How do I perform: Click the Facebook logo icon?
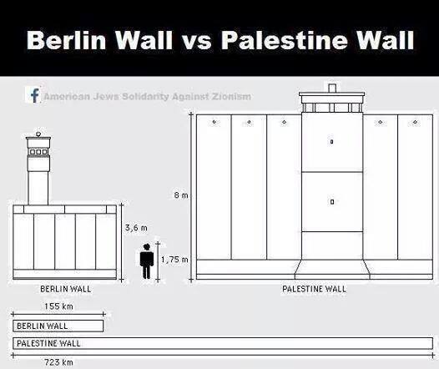pos(33,95)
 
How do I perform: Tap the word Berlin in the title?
pos(67,40)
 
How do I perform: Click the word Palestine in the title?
pos(285,40)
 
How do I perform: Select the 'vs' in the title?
pos(197,43)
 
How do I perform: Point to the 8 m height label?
pos(181,195)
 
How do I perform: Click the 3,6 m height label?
pos(136,228)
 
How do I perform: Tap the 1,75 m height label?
pos(174,260)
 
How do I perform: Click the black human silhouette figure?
pos(146,261)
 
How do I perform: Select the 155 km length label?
pos(58,306)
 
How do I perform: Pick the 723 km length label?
pos(58,362)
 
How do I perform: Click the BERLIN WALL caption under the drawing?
pos(65,289)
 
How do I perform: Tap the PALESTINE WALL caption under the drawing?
pos(314,289)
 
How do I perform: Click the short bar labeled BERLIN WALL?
pos(58,326)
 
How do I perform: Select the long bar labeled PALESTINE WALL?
pos(223,343)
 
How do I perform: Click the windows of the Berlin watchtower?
pos(38,152)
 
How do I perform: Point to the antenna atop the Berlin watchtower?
pos(38,134)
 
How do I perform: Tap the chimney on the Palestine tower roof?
pos(332,88)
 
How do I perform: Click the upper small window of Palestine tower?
pos(332,142)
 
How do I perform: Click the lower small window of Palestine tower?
pos(332,201)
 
